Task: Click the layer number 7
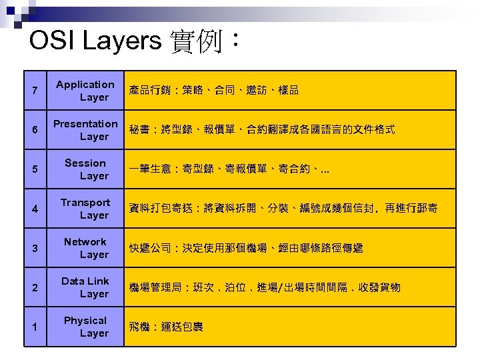coord(34,91)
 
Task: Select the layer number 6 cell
coord(34,130)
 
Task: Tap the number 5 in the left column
coord(34,169)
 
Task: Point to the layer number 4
coord(34,209)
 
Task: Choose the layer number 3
coord(34,248)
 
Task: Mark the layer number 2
coord(34,287)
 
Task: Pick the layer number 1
coord(34,327)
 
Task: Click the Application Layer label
coord(85,91)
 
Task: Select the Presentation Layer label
coord(85,130)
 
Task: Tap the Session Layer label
coord(85,169)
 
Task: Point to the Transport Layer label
coord(85,209)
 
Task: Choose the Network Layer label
coord(85,248)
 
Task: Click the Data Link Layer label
coord(85,287)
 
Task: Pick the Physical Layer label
coord(85,327)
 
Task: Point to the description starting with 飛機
coord(166,327)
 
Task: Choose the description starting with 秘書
coord(262,130)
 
